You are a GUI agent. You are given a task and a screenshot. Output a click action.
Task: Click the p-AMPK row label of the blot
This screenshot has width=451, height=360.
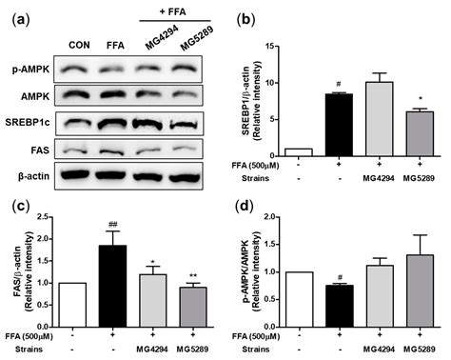[x=31, y=69]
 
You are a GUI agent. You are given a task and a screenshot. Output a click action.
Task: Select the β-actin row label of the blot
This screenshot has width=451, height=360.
[x=33, y=174]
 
